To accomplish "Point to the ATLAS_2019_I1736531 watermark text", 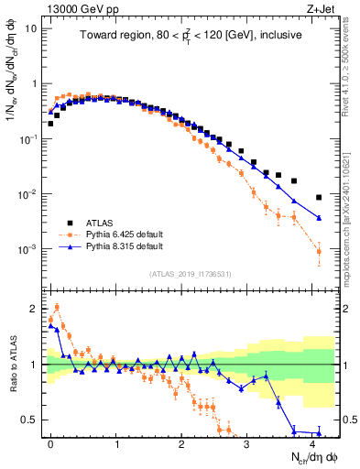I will pos(190,274).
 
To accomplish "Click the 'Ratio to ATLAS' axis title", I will pos(12,365).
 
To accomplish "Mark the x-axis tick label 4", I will pos(313,442).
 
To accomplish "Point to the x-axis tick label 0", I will pos(51,442).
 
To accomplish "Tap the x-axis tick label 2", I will pos(182,442).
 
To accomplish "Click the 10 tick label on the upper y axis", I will pos(31,28).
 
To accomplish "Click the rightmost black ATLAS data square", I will pos(319,197).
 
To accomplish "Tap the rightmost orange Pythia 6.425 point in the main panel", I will pos(319,251).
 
